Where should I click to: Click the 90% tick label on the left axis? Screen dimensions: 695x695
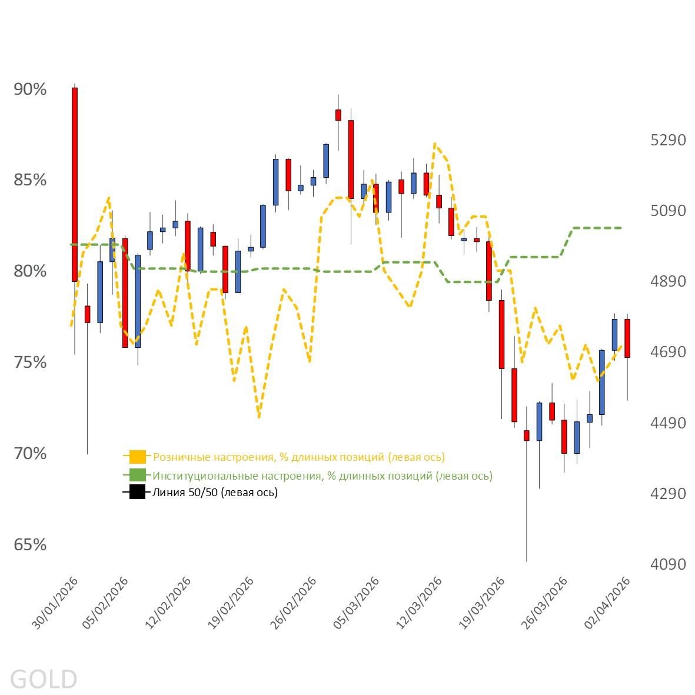coord(30,89)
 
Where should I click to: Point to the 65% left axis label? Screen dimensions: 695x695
coord(30,545)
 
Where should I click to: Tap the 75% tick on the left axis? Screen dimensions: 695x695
coord(30,363)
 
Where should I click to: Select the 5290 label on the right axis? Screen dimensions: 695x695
coord(668,141)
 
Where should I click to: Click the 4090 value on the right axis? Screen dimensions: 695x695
coord(668,564)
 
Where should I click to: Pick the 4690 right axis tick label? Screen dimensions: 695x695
coord(668,353)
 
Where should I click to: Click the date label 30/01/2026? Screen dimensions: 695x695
coord(56,603)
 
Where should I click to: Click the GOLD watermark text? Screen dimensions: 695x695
coord(44,679)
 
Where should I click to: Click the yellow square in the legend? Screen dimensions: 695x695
coord(137,457)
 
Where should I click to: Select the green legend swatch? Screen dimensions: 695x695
coord(137,475)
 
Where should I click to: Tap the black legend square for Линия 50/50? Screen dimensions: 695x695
coord(137,493)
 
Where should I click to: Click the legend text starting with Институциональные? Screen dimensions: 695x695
coord(322,475)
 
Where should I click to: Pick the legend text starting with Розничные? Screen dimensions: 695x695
coord(298,457)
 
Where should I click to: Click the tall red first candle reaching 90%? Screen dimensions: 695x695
coord(75,184)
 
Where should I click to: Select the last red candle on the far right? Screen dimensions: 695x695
coord(627,338)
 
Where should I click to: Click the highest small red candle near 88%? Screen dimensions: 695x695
coord(338,115)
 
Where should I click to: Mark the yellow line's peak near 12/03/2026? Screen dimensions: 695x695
coord(434,144)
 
